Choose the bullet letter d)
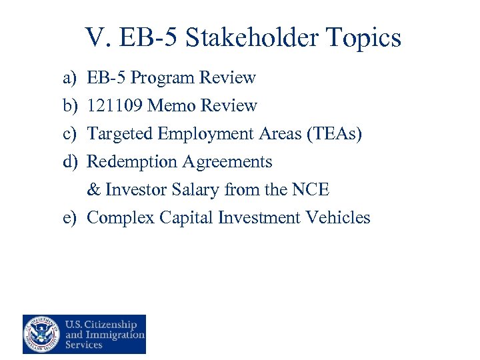[x=70, y=162]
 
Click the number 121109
[x=116, y=106]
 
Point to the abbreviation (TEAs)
[x=335, y=134]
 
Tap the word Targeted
[x=120, y=134]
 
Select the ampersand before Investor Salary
[x=93, y=190]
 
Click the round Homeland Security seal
[x=41, y=334]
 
